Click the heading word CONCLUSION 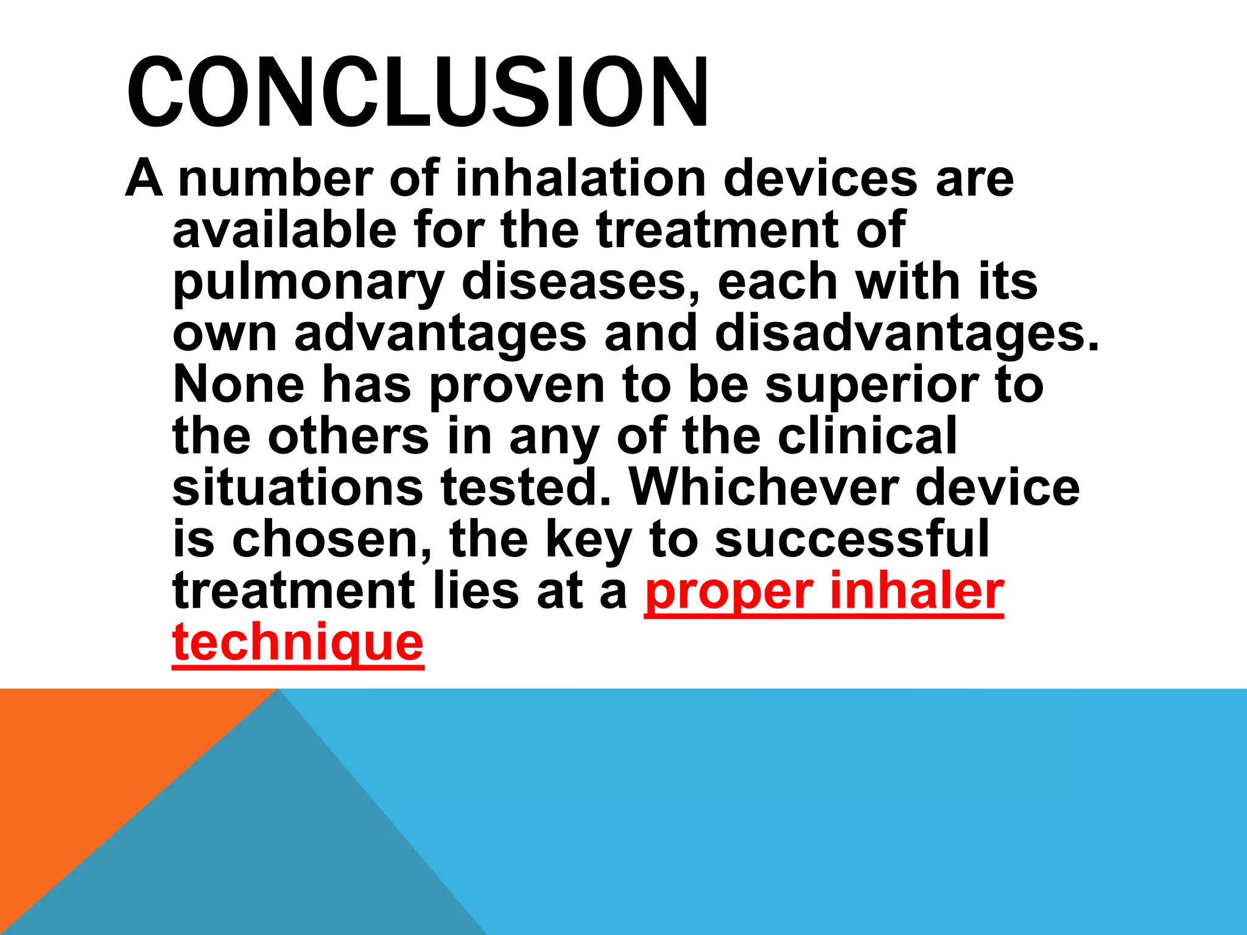coord(418,93)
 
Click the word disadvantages coord(907,334)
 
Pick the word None coord(238,385)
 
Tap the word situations coord(298,488)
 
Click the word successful coord(852,539)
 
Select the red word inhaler coord(916,591)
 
